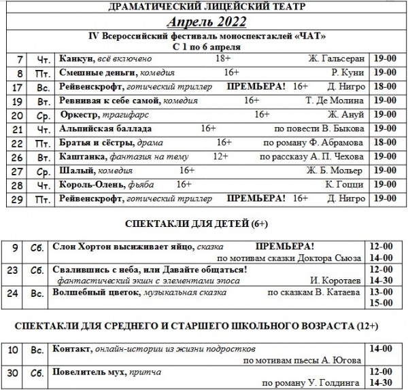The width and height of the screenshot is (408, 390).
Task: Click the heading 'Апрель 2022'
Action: coord(206,22)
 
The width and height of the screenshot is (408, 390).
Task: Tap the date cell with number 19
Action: coord(18,101)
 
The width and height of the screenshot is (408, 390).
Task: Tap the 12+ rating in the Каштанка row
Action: coord(220,156)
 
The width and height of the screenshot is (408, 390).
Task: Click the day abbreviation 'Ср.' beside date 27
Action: coord(43,171)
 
